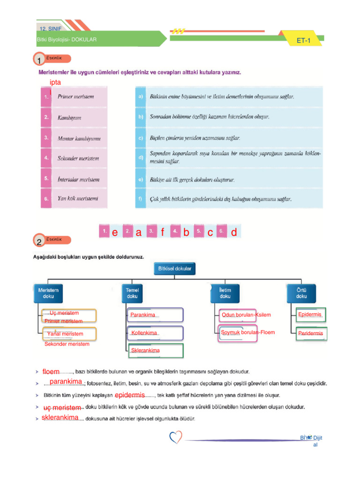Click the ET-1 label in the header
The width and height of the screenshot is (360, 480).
click(x=304, y=41)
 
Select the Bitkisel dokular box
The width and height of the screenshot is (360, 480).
click(x=175, y=269)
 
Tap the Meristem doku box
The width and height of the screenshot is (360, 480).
click(x=48, y=293)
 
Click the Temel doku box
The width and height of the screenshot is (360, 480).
click(x=132, y=293)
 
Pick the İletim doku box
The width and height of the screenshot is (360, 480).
click(x=225, y=293)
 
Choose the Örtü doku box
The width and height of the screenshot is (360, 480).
click(x=301, y=293)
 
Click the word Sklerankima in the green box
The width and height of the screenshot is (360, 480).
click(x=145, y=351)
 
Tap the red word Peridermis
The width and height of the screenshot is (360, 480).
click(x=310, y=334)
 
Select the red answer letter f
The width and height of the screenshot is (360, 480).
click(x=162, y=232)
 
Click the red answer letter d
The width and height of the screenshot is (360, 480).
click(x=233, y=232)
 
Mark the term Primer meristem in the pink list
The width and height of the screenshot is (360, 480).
click(x=75, y=97)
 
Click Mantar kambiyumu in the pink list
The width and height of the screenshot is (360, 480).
click(x=79, y=138)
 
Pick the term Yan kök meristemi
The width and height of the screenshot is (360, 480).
click(x=78, y=198)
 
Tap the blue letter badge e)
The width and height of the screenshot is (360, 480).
click(x=141, y=179)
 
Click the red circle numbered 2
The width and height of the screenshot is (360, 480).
click(x=39, y=242)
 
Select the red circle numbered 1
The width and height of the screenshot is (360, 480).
click(x=39, y=60)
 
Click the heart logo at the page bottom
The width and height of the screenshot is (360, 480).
click(x=176, y=438)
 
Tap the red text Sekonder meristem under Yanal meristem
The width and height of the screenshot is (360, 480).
click(x=67, y=344)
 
